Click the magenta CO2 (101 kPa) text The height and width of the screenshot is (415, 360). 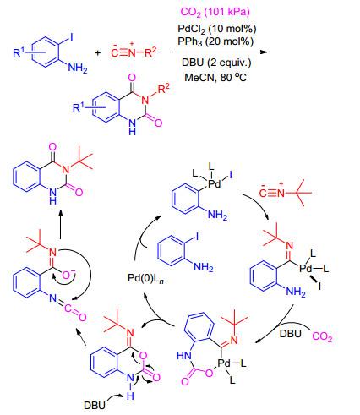click(x=215, y=12)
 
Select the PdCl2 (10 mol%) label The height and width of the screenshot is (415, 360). click(x=216, y=29)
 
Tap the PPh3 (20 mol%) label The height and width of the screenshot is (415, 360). click(x=215, y=41)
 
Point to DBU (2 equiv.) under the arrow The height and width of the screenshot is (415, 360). click(x=216, y=63)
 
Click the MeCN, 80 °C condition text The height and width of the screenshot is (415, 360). click(x=215, y=77)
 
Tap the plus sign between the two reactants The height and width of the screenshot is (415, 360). click(x=98, y=52)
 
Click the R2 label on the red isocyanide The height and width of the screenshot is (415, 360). click(x=150, y=52)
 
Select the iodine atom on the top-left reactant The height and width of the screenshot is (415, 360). click(x=71, y=36)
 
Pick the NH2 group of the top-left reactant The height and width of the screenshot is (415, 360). click(x=78, y=68)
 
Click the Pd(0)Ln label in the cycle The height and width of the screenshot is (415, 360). click(x=145, y=278)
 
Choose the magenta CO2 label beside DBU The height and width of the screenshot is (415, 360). click(x=322, y=336)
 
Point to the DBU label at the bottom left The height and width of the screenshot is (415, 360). click(x=95, y=405)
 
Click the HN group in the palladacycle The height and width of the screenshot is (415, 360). click(x=184, y=356)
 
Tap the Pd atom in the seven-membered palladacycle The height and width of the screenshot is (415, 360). click(x=224, y=363)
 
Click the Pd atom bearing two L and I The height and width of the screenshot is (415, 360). click(x=214, y=184)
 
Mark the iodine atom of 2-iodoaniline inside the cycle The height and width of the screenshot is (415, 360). click(x=197, y=236)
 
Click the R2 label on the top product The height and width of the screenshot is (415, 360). click(x=164, y=89)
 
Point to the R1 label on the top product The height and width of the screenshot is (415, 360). click(x=79, y=107)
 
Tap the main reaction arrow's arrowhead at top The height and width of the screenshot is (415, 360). click(x=264, y=52)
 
